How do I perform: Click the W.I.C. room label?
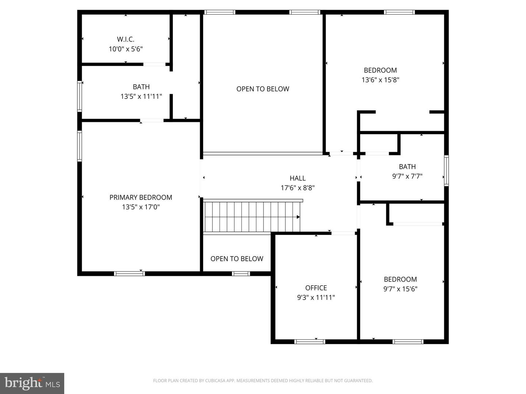pos(126,39)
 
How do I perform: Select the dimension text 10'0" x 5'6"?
pos(126,49)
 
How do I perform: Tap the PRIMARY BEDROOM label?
pos(141,197)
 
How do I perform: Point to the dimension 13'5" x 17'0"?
pos(141,207)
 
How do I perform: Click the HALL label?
pos(297,178)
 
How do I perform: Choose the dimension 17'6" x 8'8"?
pos(297,188)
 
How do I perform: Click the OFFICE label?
pos(316,288)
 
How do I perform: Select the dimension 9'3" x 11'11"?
pos(316,297)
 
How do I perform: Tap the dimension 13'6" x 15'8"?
pos(380,80)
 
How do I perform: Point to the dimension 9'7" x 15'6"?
pos(400,289)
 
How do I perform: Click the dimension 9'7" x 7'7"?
pos(407,176)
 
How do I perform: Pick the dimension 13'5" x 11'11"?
pos(141,97)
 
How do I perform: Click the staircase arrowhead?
pos(298,217)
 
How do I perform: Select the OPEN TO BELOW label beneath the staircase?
pos(237,259)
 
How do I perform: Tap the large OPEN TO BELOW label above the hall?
pos(263,89)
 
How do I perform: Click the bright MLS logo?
pos(32,383)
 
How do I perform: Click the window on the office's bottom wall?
pos(310,342)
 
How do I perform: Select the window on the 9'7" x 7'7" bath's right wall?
pos(446,171)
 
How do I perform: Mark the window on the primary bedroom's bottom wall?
pos(129,274)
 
